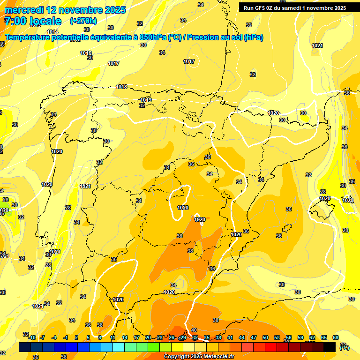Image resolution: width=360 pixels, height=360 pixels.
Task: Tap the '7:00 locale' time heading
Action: coord(33,21)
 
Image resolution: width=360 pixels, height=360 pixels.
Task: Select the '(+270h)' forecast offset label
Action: coord(83,21)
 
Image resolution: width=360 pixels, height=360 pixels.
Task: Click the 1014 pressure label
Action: coord(52,32)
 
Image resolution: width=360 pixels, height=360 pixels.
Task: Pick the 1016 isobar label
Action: coord(86,53)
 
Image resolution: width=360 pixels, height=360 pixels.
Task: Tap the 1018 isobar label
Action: coord(122,87)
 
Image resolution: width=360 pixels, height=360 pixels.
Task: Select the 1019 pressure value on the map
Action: coord(146,100)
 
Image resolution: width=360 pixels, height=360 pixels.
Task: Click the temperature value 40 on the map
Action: coord(194,330)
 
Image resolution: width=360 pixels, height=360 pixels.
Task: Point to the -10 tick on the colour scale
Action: coord(31,337)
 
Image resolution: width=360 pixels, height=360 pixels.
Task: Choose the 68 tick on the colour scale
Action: coord(336,337)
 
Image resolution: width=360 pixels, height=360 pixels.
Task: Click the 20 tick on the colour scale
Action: coord(148,337)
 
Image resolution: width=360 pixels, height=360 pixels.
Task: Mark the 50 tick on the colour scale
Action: coord(265,337)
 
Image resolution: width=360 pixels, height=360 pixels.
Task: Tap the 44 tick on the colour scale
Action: coord(242,337)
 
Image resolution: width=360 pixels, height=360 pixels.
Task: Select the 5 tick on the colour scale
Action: coord(88,337)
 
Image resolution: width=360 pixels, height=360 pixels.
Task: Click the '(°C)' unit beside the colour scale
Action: coord(345,347)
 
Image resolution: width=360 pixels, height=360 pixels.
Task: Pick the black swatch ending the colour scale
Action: coord(330,347)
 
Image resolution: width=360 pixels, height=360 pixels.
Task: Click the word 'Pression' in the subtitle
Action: coord(204,37)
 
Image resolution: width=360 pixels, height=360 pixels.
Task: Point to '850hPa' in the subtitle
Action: coord(153,37)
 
